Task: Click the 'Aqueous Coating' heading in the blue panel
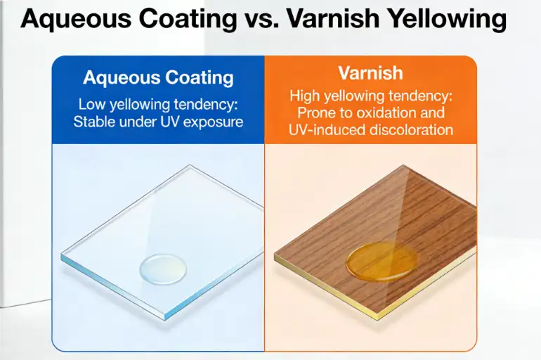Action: [x=158, y=77]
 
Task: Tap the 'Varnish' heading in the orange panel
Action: [x=371, y=73]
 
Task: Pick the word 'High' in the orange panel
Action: [x=304, y=96]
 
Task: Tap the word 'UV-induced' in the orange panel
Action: [x=322, y=129]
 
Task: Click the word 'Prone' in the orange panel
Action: [x=316, y=112]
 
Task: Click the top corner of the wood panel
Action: [x=403, y=167]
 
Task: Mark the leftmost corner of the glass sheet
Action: [x=61, y=255]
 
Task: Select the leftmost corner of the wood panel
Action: [x=275, y=255]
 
